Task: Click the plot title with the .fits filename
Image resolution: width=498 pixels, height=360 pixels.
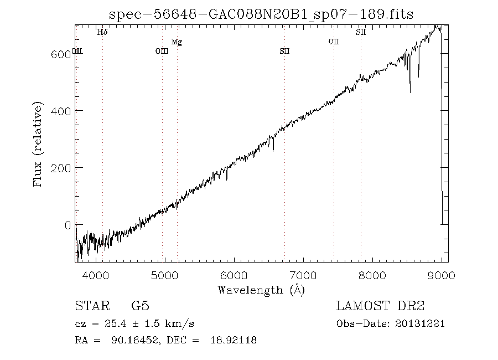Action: [x=261, y=14]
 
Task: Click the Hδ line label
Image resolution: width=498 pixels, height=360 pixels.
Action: [x=102, y=33]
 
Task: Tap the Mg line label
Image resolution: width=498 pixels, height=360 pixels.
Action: [x=177, y=42]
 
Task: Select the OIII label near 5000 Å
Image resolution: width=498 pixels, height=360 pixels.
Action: [x=162, y=52]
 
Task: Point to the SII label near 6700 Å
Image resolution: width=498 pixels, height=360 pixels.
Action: [x=284, y=52]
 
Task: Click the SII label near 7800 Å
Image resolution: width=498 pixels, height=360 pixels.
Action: [x=361, y=33]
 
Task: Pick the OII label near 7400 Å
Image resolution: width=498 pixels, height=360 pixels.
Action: [x=333, y=42]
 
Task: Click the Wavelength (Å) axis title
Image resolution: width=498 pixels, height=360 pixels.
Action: [x=261, y=290]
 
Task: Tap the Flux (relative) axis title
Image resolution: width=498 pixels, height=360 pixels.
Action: [x=39, y=144]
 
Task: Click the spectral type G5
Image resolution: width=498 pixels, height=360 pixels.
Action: [x=140, y=306]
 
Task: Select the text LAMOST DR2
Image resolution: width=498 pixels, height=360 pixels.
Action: [x=380, y=306]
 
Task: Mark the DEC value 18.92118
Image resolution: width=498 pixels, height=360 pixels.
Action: [x=232, y=341]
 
